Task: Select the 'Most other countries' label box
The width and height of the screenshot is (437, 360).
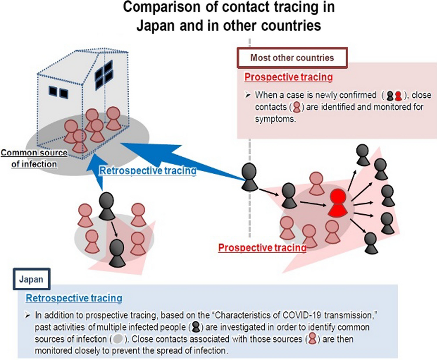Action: [x=292, y=58]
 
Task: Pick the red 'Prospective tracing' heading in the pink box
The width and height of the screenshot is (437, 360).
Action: [x=288, y=77]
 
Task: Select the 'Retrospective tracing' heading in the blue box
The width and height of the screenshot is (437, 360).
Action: [x=74, y=297]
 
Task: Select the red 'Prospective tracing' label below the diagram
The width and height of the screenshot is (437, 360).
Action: [x=262, y=248]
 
